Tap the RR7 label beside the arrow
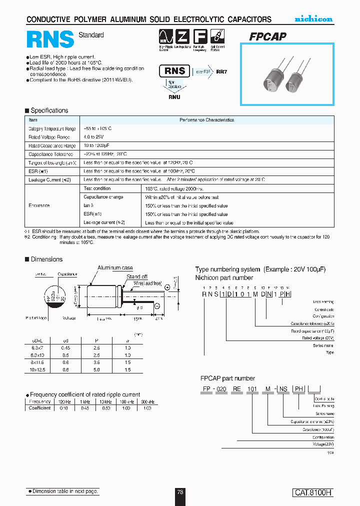[221, 71]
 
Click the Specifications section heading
[49, 110]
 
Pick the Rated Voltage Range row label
[49, 137]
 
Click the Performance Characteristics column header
[206, 120]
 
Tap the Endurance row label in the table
[39, 205]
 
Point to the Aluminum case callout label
[115, 268]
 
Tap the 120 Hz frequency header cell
[63, 401]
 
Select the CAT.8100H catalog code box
[312, 492]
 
